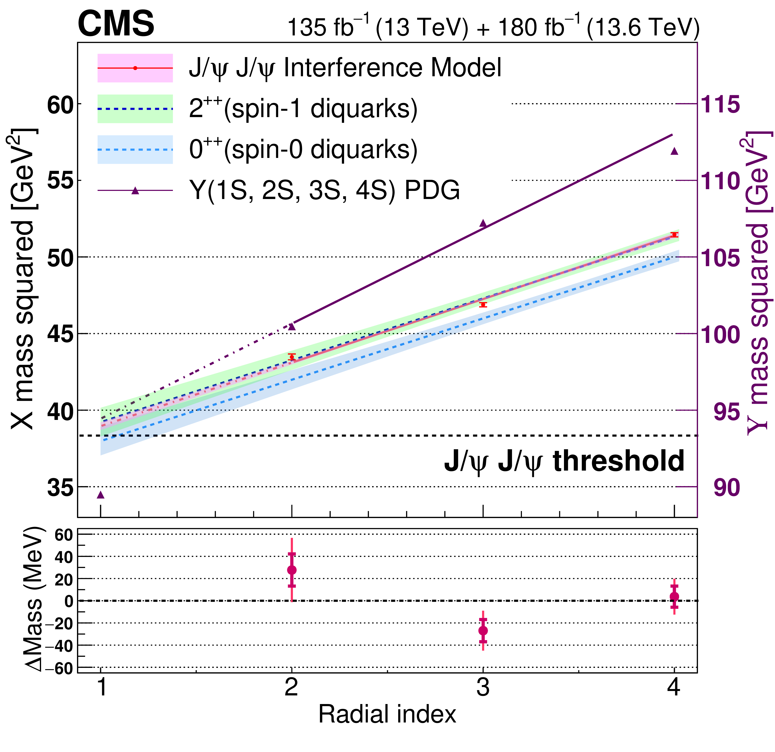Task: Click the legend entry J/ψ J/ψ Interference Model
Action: tap(345, 68)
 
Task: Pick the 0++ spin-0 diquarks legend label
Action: tap(303, 150)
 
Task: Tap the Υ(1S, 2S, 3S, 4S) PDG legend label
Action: tap(324, 190)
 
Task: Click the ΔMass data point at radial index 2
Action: tap(292, 570)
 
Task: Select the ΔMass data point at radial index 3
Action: tap(483, 630)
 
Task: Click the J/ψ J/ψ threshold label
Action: tap(564, 461)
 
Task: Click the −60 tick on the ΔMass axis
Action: tap(59, 668)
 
